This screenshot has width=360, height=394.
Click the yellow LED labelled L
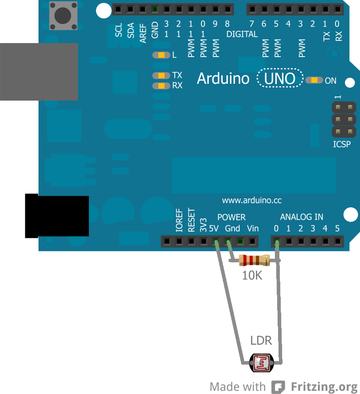(161, 55)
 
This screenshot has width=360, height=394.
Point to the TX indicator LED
(161, 76)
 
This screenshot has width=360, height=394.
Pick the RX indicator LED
(161, 86)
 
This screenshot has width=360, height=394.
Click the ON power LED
(314, 80)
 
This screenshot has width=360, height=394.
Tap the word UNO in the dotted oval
(280, 79)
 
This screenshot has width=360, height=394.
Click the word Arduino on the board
(223, 79)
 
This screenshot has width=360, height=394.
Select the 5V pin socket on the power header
(216, 241)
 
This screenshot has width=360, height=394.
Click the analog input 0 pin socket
(277, 241)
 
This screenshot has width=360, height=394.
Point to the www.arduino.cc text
(252, 200)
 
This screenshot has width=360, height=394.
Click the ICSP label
(342, 145)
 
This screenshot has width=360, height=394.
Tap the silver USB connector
(38, 72)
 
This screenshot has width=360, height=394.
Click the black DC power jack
(56, 216)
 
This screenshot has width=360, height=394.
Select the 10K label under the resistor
(252, 275)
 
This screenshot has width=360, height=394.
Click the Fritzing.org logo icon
(278, 387)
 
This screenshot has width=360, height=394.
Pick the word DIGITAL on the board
(242, 34)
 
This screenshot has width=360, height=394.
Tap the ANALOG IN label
(302, 217)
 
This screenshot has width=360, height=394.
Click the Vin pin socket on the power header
(253, 241)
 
